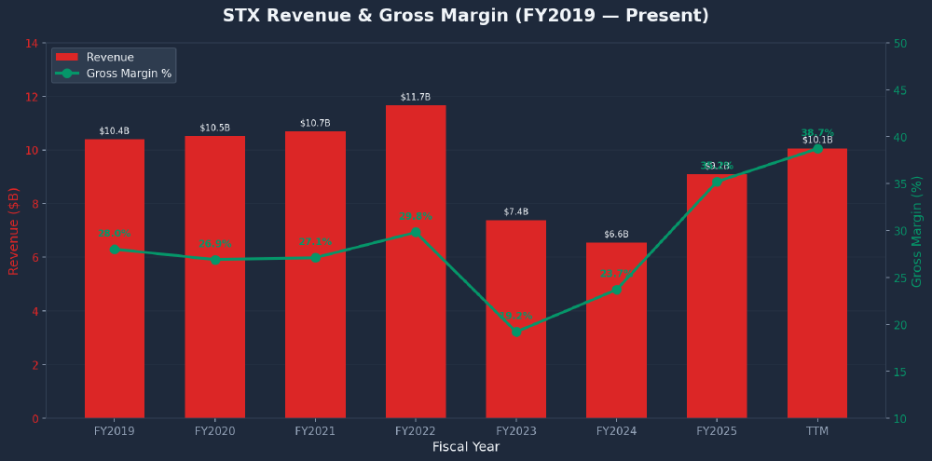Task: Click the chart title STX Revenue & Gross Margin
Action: pyautogui.click(x=465, y=16)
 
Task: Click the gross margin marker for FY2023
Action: pyautogui.click(x=516, y=332)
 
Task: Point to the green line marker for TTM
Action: pyautogui.click(x=817, y=149)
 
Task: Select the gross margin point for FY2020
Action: pyautogui.click(x=215, y=260)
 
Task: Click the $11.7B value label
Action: pyautogui.click(x=416, y=97)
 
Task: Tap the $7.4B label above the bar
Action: pyautogui.click(x=516, y=212)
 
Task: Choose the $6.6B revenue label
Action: pyautogui.click(x=616, y=235)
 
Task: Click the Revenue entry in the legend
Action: pyautogui.click(x=109, y=58)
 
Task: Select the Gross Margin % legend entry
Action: pyautogui.click(x=129, y=74)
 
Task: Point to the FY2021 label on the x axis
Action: pyautogui.click(x=315, y=431)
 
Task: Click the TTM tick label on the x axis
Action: pyautogui.click(x=817, y=431)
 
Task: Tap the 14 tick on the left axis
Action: pyautogui.click(x=32, y=43)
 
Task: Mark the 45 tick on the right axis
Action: pyautogui.click(x=900, y=90)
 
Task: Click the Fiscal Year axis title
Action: pyautogui.click(x=465, y=447)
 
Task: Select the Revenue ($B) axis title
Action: pyautogui.click(x=14, y=231)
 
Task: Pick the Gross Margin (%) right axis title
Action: pyautogui.click(x=917, y=231)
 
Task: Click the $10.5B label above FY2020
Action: pyautogui.click(x=215, y=128)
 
